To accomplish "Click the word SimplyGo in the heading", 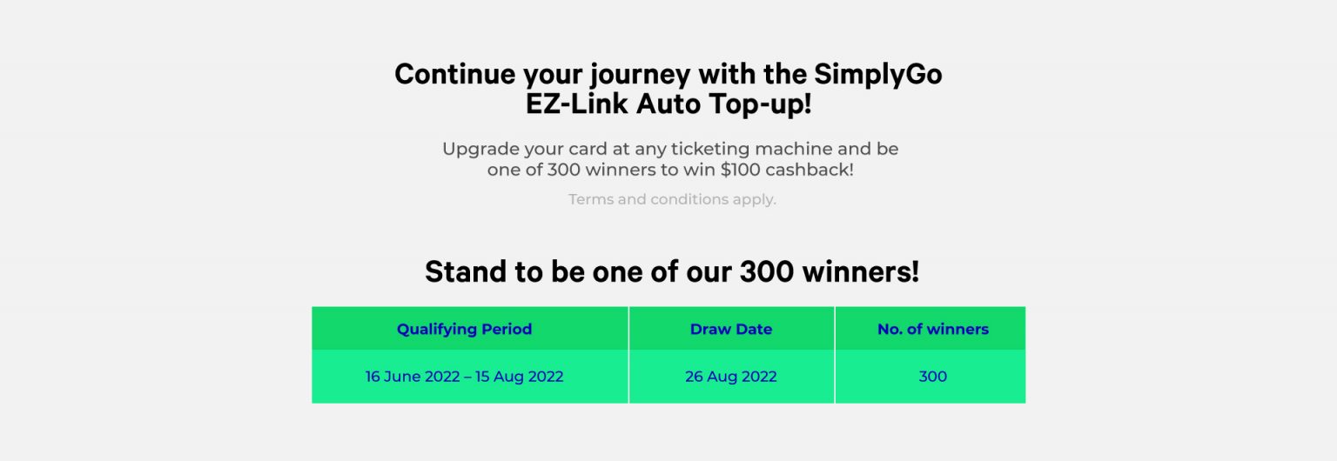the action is pyautogui.click(x=878, y=75).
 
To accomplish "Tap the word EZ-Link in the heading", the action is pyautogui.click(x=577, y=104).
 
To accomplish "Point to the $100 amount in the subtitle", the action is pyautogui.click(x=740, y=170).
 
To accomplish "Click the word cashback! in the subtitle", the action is pyautogui.click(x=810, y=170).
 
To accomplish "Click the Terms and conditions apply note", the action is pyautogui.click(x=672, y=199).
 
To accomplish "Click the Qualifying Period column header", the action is pyautogui.click(x=464, y=329).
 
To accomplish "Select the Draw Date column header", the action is pyautogui.click(x=731, y=329).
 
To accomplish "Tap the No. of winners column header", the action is pyautogui.click(x=933, y=329).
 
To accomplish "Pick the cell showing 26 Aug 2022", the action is pyautogui.click(x=731, y=377).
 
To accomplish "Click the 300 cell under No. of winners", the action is pyautogui.click(x=933, y=377).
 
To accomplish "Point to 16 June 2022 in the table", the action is pyautogui.click(x=413, y=377).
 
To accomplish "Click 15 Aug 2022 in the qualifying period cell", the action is pyautogui.click(x=520, y=377).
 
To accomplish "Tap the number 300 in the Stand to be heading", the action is pyautogui.click(x=767, y=272).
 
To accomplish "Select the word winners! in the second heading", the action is pyautogui.click(x=861, y=272).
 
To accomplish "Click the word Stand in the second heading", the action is pyautogui.click(x=466, y=272).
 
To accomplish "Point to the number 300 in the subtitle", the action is pyautogui.click(x=564, y=170).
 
